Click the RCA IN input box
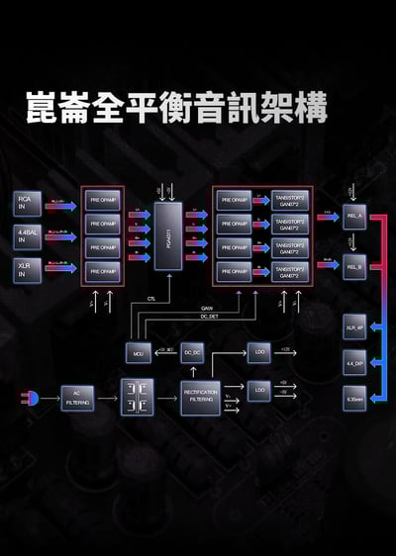[x=27, y=205]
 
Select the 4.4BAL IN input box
[x=27, y=236]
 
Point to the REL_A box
[x=354, y=216]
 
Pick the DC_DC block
[x=193, y=351]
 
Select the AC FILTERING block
[x=77, y=399]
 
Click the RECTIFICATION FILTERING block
[x=201, y=397]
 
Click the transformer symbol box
[x=137, y=397]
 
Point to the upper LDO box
[x=258, y=351]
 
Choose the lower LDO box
[x=258, y=390]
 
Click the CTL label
[x=151, y=297]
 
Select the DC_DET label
[x=208, y=316]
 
